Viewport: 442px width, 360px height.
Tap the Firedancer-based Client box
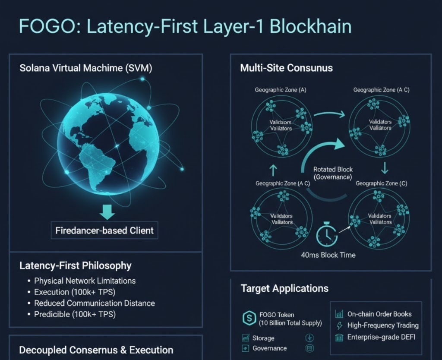[x=104, y=231]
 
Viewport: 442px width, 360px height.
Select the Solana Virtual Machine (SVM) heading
[x=86, y=68]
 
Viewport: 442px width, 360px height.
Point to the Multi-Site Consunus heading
[x=286, y=68]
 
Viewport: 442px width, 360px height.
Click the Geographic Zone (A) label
[x=281, y=90]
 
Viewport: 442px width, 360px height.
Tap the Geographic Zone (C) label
[x=381, y=183]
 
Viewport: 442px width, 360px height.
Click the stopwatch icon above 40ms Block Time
[x=327, y=235]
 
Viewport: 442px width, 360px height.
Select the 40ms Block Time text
[x=328, y=255]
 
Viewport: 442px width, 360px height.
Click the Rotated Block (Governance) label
[x=332, y=174]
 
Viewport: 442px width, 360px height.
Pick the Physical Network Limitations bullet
[x=85, y=281]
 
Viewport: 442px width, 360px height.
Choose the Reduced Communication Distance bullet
[x=94, y=303]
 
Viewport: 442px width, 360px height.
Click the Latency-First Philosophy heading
[x=76, y=265]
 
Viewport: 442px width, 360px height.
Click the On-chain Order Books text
[x=379, y=314]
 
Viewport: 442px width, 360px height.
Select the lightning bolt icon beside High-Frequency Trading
[x=339, y=325]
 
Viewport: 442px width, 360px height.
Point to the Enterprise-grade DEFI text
[x=381, y=337]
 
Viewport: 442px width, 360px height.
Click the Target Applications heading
[x=284, y=288]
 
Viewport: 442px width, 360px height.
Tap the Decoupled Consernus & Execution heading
[x=96, y=350]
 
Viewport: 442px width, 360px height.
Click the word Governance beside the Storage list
[x=269, y=348]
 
